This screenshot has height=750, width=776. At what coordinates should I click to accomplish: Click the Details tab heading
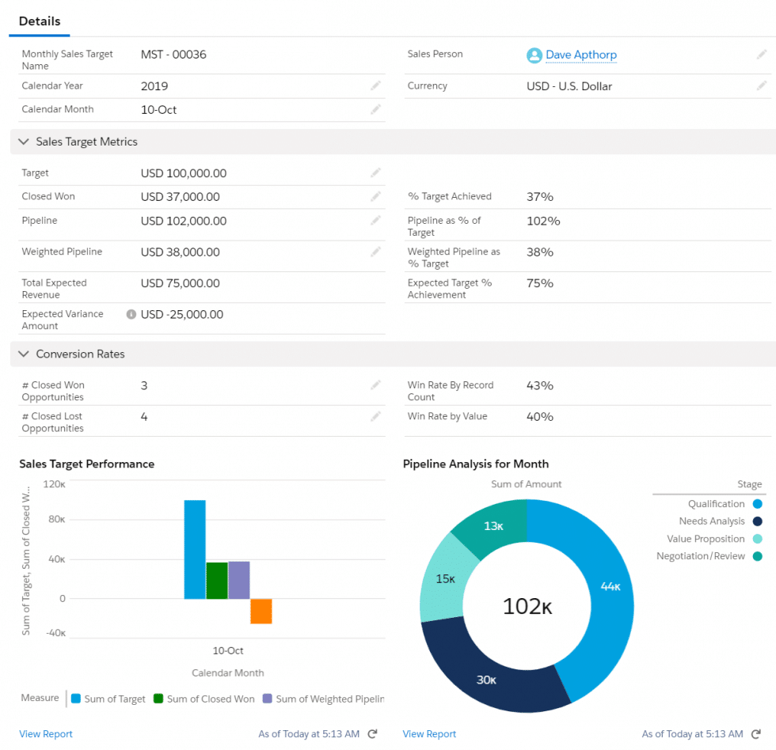[40, 21]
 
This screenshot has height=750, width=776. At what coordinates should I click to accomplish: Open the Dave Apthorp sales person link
[580, 55]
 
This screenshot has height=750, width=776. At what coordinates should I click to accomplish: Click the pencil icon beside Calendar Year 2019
[375, 85]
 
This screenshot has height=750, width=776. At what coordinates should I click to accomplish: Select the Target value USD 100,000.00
[184, 173]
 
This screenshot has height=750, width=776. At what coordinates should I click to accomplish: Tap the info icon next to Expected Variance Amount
[131, 314]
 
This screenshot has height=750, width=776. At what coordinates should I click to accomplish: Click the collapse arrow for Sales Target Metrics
[23, 142]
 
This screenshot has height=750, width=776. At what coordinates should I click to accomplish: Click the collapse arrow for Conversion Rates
[23, 354]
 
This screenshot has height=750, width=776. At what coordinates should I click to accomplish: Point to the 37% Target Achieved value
[539, 196]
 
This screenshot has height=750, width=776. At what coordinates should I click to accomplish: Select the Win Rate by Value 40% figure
[539, 416]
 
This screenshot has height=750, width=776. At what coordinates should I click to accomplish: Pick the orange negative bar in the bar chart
[261, 611]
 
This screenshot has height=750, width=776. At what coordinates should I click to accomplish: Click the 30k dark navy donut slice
[486, 679]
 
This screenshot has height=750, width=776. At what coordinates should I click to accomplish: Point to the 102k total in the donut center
[527, 607]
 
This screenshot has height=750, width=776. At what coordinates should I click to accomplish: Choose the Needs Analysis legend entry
[711, 521]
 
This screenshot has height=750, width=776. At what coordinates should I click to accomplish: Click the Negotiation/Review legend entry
[700, 556]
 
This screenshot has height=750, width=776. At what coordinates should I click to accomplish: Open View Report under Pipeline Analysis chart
[429, 734]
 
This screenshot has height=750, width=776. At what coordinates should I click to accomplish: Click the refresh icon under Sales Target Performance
[373, 734]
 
